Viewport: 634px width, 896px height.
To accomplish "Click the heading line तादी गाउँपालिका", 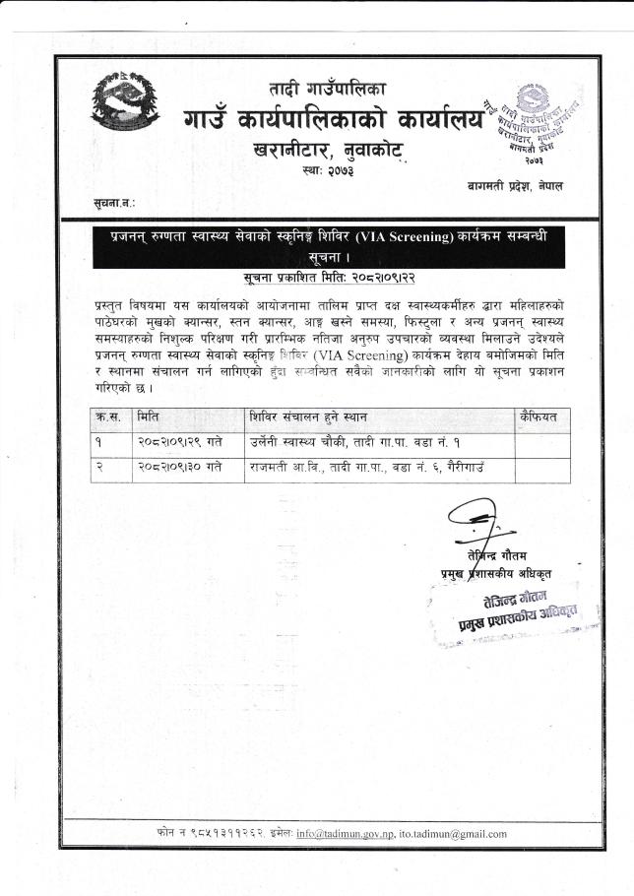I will (328, 89).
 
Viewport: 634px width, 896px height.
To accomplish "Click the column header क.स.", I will (108, 416).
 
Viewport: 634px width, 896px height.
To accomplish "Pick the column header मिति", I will (151, 416).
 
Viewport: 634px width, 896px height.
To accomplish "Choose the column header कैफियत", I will (539, 416).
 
